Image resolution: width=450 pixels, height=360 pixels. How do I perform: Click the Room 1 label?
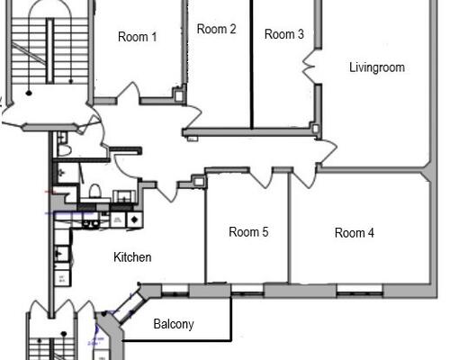138,37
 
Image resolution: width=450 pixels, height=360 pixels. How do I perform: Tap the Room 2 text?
216,29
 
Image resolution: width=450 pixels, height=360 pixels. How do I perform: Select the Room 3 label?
284,34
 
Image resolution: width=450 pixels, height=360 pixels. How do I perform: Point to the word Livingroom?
377,67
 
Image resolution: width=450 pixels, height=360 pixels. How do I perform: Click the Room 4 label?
355,233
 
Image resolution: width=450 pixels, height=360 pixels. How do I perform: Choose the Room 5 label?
248,232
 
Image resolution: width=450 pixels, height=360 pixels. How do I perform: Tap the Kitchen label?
132,257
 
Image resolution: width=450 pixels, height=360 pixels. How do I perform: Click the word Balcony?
174,324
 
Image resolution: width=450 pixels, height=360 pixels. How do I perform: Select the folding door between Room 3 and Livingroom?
309,66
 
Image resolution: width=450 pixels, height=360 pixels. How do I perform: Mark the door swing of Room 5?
262,177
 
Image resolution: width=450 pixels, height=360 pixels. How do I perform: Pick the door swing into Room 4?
304,178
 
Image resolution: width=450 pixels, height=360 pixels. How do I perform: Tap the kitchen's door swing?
167,191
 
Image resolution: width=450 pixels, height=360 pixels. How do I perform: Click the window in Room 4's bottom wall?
359,290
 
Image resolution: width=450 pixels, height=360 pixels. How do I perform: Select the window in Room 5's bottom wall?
247,290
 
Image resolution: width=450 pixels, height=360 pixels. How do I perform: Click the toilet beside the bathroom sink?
95,191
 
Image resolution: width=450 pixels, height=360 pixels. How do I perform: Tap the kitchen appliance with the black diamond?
135,220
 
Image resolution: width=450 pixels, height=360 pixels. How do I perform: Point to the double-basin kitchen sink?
91,223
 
